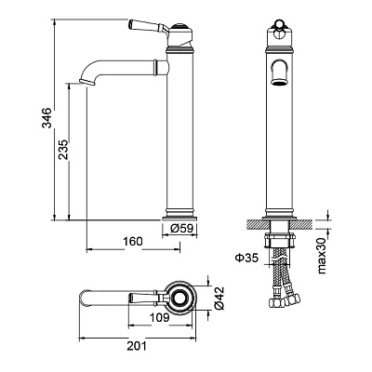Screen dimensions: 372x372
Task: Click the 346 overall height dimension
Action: [46, 118]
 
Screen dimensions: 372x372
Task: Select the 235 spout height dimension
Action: [63, 150]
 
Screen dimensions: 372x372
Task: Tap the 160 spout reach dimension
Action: [133, 241]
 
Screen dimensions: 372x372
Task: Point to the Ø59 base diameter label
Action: [182, 229]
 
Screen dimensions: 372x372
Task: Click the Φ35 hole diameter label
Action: [246, 258]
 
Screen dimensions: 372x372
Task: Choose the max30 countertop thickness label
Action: [322, 256]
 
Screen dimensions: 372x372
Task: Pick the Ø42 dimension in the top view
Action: [219, 298]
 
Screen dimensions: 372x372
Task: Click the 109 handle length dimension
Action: [160, 318]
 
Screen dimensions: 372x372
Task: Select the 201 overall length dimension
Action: [137, 346]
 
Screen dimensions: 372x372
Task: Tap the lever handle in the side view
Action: [148, 26]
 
